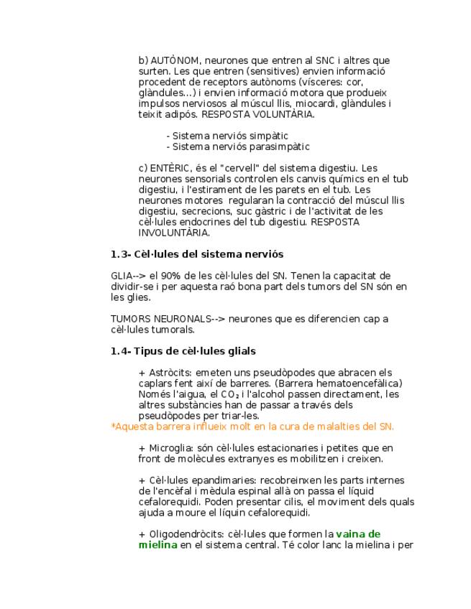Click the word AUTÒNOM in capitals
pos(170,60)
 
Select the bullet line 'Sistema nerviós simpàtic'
pos(227,136)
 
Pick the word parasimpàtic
pos(280,147)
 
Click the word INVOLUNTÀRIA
pos(174,233)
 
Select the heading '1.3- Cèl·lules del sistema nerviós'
pos(197,254)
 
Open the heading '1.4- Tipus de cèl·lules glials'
pos(183,351)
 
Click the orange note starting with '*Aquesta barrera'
pos(252,427)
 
